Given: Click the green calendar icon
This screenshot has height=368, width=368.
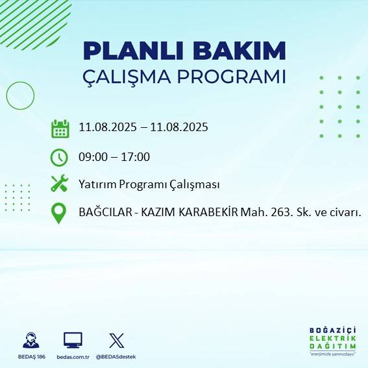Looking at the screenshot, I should tap(60, 129).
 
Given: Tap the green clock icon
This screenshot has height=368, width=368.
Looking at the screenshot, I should tap(59, 156).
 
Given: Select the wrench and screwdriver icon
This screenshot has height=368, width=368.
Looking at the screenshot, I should tap(60, 184).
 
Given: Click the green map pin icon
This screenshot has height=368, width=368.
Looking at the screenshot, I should tap(59, 213).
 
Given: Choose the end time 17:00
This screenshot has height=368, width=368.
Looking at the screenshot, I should tap(136, 157).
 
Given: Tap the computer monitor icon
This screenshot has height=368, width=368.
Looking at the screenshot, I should tap(73, 340).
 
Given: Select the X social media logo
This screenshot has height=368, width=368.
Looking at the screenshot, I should tap(117, 340).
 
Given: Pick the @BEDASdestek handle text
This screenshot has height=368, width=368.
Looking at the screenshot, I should tap(117, 357).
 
